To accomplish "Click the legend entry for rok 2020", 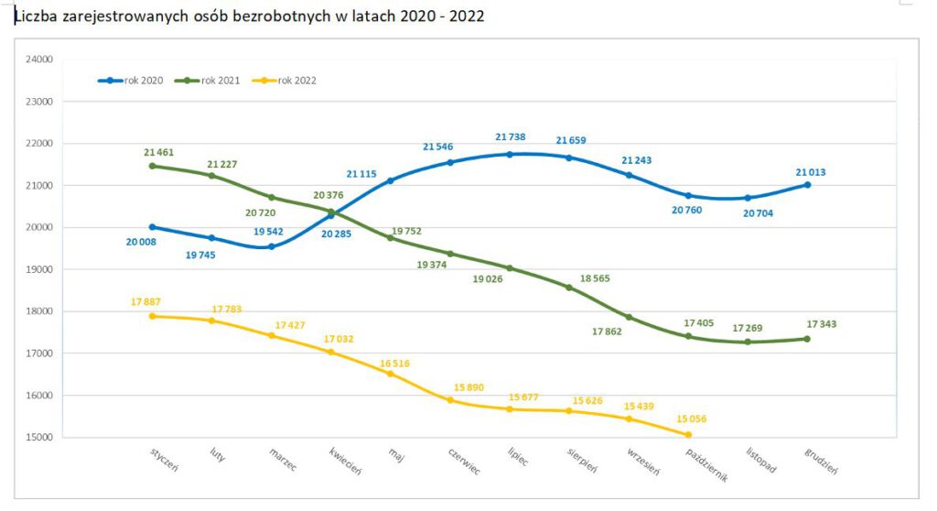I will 130,81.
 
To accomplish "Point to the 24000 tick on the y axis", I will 41,60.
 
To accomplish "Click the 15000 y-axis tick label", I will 41,438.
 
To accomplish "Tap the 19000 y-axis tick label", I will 41,269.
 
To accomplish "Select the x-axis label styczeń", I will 165,460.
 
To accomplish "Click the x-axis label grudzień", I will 821,461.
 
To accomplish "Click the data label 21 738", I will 512,137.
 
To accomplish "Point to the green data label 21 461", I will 160,151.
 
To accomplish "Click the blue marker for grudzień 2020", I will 807,185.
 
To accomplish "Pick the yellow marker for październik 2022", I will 688,435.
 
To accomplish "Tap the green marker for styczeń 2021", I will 152,166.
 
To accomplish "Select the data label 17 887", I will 147,301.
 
